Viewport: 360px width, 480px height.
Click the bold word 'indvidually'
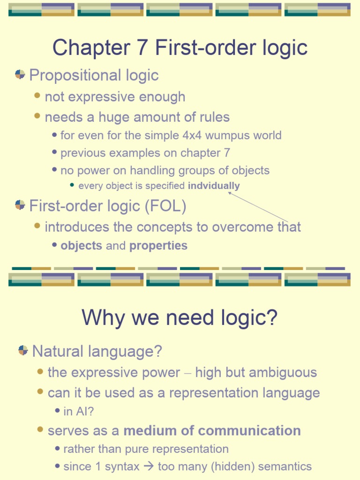pos(214,186)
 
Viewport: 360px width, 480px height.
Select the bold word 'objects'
pos(81,246)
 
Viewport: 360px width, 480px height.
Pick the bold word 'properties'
pos(158,246)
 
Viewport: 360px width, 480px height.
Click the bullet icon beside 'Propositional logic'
pos(20,74)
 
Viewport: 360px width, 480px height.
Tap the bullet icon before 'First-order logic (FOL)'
pos(20,204)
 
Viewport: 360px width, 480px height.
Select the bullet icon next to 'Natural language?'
pos(23,350)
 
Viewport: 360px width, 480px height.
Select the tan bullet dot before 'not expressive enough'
pos(37,96)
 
